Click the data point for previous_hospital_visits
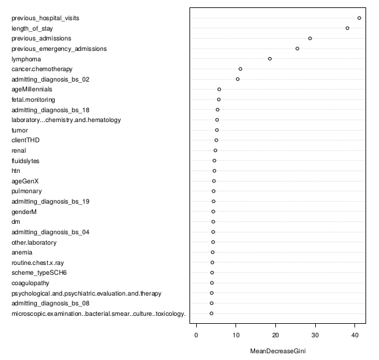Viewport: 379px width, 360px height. click(x=359, y=18)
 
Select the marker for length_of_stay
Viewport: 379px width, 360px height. click(x=348, y=28)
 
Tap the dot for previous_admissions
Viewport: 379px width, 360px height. click(x=310, y=38)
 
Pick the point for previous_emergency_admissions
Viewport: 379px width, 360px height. click(x=297, y=48)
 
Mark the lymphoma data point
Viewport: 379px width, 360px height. click(x=270, y=59)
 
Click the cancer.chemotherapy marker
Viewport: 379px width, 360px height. click(x=240, y=69)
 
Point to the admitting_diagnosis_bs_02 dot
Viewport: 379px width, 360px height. click(x=238, y=79)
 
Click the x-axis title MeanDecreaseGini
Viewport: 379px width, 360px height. click(x=278, y=351)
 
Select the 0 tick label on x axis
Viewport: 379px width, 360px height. click(x=196, y=335)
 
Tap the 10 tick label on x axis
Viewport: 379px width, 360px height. click(x=236, y=335)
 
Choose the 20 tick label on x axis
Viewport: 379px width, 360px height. click(x=275, y=335)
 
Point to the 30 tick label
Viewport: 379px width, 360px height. click(x=315, y=335)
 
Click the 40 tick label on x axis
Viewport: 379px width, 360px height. click(x=355, y=335)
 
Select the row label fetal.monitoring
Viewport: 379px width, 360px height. click(x=33, y=99)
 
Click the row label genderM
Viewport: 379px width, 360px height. click(x=25, y=212)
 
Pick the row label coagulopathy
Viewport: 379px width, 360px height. click(x=31, y=283)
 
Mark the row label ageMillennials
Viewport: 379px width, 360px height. click(x=32, y=90)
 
